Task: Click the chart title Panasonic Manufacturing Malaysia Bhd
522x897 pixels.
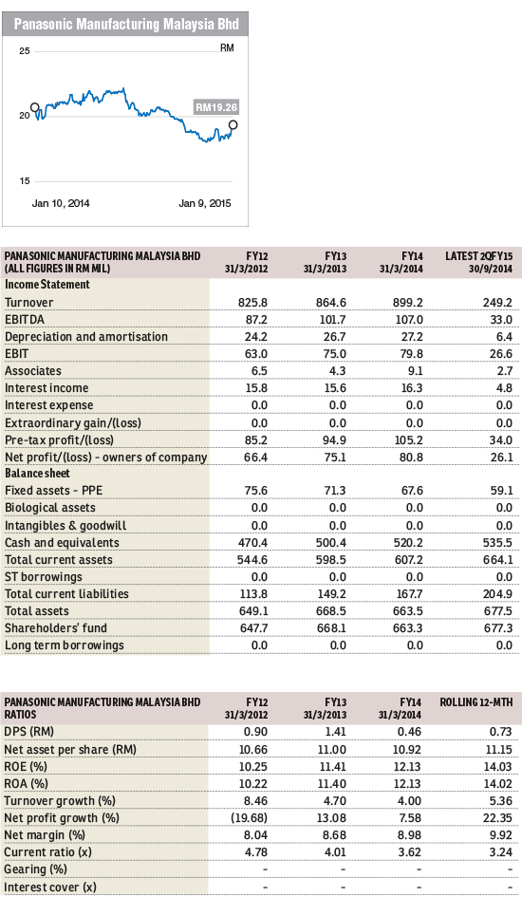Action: click(x=126, y=24)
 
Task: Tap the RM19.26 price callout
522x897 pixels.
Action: click(x=216, y=107)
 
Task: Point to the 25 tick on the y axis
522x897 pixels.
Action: click(x=25, y=51)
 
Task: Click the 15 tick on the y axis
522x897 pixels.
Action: click(x=25, y=180)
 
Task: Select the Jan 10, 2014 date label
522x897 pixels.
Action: click(x=61, y=203)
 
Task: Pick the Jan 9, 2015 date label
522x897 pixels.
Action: click(x=205, y=203)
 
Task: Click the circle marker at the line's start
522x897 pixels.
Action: click(x=35, y=107)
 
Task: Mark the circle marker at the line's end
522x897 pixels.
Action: click(x=233, y=124)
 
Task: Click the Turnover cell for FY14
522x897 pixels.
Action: click(x=411, y=302)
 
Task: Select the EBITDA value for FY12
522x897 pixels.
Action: click(x=255, y=319)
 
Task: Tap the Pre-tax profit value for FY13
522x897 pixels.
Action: click(x=334, y=439)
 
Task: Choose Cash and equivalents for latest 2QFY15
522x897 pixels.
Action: click(x=497, y=542)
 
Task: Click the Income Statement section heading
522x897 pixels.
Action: click(x=47, y=285)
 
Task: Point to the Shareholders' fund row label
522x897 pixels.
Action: click(x=55, y=628)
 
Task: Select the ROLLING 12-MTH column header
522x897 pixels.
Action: click(x=476, y=701)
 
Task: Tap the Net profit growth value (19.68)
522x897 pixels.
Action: click(x=250, y=818)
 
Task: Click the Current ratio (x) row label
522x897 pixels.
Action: click(x=48, y=852)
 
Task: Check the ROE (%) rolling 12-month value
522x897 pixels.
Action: click(x=498, y=767)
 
